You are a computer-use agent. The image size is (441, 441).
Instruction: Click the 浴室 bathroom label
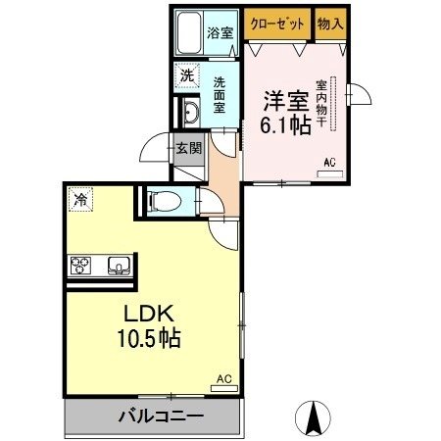click(x=220, y=32)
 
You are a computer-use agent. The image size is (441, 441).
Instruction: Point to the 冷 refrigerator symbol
click(x=80, y=199)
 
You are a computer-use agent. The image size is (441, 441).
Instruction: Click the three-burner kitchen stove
click(x=82, y=266)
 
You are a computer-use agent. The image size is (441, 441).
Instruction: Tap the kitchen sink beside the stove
click(x=119, y=266)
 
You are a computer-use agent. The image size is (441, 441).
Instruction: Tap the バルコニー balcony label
click(x=149, y=416)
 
